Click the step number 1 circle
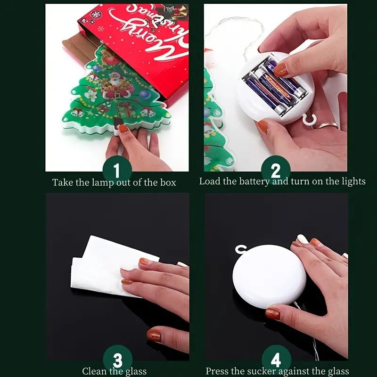tap(117, 170)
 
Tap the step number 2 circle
tap(276, 170)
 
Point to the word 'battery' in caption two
tap(254, 181)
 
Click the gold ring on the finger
tap(328, 125)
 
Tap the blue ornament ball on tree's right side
tap(145, 94)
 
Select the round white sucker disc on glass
tap(269, 277)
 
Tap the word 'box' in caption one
tap(168, 182)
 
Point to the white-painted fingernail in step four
tap(303, 239)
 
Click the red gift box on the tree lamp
tap(124, 109)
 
